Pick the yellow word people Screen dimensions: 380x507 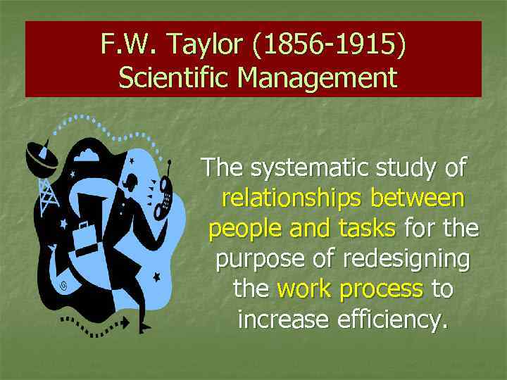[242, 229]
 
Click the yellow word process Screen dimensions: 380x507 [383, 289]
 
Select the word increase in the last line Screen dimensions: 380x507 [284, 319]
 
